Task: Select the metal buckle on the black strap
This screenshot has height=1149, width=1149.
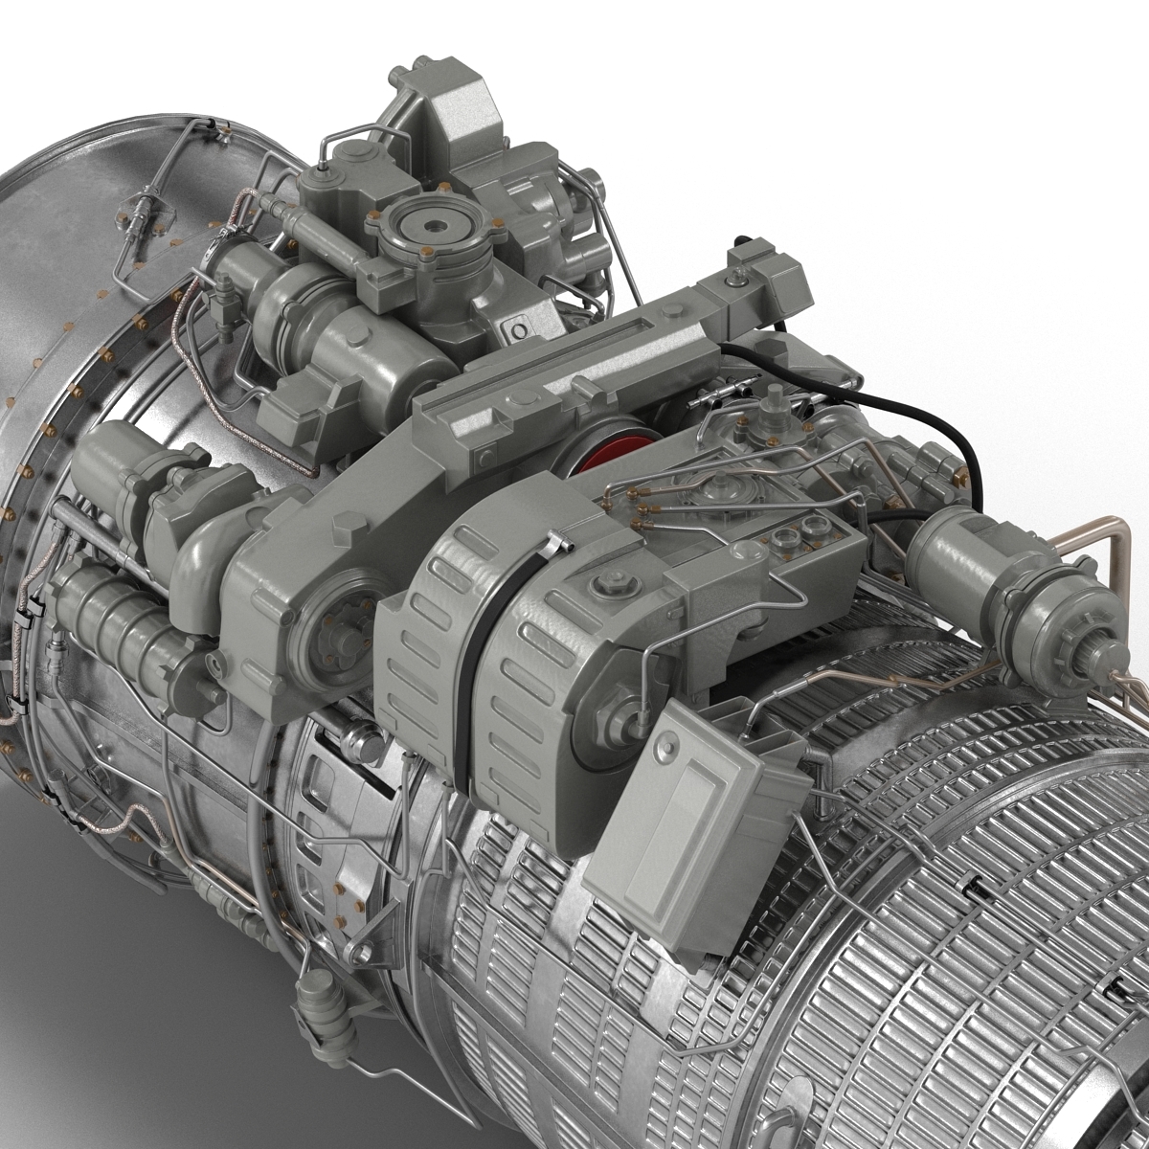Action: pos(553,548)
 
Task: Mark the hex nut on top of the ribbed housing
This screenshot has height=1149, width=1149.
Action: pos(609,584)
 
